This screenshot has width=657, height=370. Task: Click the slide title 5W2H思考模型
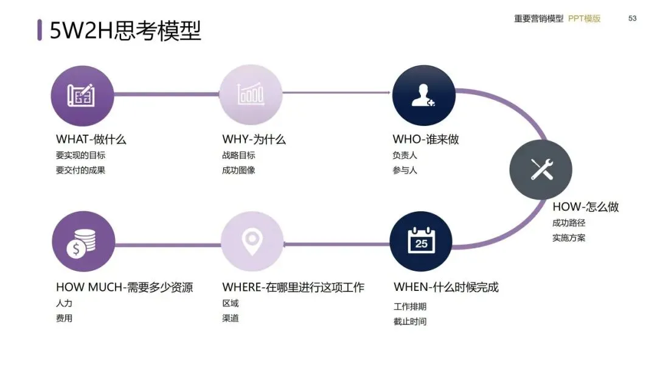[125, 30]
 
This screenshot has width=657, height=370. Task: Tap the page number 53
[632, 18]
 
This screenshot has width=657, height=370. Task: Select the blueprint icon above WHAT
[82, 95]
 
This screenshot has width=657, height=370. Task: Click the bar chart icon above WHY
[251, 95]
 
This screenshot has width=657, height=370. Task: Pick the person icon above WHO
[423, 95]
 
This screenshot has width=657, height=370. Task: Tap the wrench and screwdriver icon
[540, 169]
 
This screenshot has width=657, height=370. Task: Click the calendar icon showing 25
[421, 242]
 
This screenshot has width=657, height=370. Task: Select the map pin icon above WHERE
[252, 242]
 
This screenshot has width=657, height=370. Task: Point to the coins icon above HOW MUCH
[83, 242]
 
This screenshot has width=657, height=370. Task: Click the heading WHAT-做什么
[91, 139]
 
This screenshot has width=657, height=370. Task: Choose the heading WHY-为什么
[254, 139]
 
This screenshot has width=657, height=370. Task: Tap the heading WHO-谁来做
[426, 139]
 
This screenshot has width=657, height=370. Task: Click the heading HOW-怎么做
[585, 207]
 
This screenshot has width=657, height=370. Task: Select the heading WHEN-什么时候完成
[446, 287]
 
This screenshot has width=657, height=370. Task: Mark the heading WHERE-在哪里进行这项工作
[293, 287]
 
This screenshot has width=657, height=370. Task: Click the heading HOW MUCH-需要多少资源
[124, 287]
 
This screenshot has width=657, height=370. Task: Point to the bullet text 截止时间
[410, 321]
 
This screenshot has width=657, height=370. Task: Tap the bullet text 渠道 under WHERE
[231, 318]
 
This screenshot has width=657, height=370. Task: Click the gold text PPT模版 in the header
[584, 18]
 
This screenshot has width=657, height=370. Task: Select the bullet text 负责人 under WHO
[405, 155]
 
